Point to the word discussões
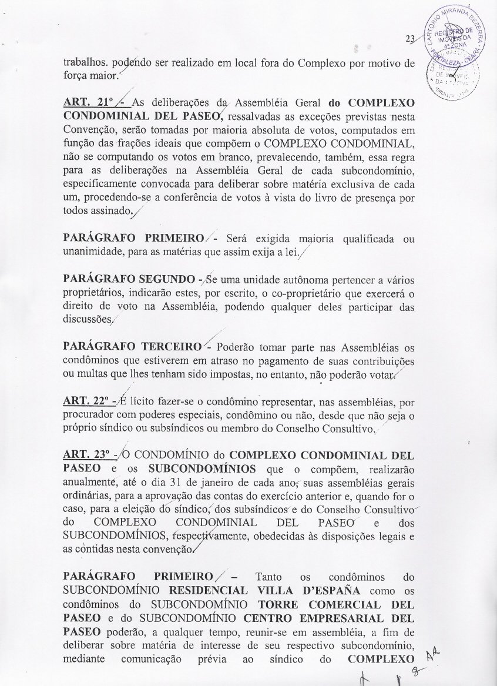click(89, 319)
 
